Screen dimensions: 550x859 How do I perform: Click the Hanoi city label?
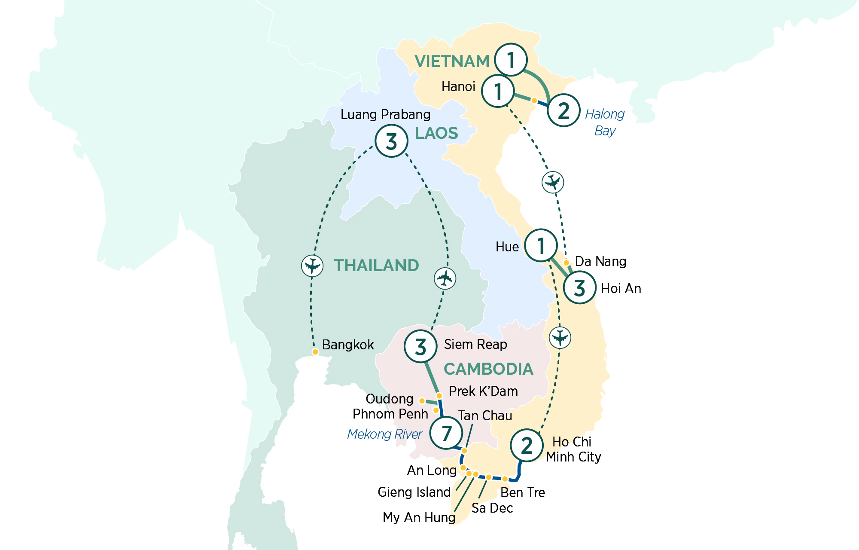click(458, 87)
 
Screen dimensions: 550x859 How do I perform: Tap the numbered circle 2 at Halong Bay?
click(564, 110)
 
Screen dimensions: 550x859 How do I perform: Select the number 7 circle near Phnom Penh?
click(446, 433)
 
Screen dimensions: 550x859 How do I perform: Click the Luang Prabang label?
click(385, 115)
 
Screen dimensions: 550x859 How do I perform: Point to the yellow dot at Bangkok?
click(315, 352)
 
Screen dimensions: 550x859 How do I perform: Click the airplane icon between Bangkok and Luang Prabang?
click(312, 266)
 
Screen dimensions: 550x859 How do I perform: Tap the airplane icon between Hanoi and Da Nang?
click(552, 182)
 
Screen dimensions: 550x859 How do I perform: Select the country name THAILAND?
click(376, 266)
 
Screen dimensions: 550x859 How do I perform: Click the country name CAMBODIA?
click(488, 369)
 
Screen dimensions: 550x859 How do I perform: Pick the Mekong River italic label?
click(384, 434)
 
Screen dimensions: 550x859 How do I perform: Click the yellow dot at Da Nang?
click(567, 263)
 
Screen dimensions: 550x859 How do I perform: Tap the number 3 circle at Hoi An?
click(579, 288)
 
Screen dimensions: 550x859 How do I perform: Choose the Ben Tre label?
click(523, 492)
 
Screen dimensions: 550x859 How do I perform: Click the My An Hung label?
click(419, 517)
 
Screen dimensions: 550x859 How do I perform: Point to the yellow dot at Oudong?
click(422, 401)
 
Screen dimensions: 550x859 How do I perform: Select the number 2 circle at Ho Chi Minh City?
click(527, 446)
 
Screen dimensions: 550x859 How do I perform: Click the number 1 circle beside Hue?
click(541, 246)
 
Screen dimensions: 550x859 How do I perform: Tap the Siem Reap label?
click(475, 345)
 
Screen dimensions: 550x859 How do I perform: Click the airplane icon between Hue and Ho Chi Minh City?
click(560, 337)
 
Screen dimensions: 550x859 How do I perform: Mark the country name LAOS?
click(436, 133)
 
